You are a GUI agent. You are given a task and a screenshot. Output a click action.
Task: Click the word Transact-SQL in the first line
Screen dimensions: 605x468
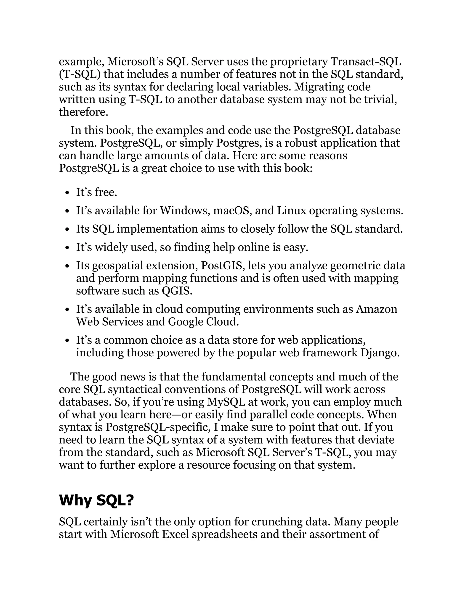pos(366,61)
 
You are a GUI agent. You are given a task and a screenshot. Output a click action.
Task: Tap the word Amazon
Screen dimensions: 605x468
pos(377,309)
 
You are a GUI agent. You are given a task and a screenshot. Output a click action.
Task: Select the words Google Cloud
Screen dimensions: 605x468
pos(203,322)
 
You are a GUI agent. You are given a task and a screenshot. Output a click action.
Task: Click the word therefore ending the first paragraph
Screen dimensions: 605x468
pos(83,112)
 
